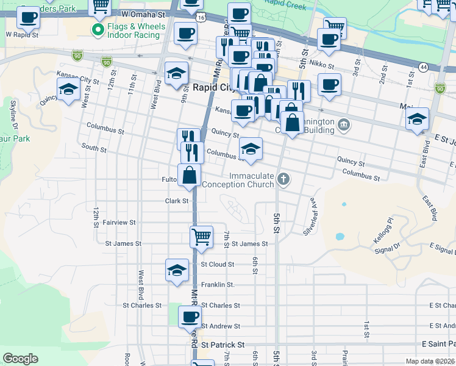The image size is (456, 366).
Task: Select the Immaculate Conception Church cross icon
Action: [x=282, y=179]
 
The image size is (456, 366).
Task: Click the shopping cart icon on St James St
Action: [x=201, y=236]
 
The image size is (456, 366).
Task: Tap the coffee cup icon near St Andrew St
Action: [x=190, y=317]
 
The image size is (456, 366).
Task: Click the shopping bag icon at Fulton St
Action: [x=190, y=175]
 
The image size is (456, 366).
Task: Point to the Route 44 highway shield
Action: [x=423, y=66]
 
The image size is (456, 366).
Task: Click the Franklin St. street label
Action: [x=218, y=285]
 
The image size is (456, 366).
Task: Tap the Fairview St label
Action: [x=119, y=223]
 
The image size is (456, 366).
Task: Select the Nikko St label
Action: [x=322, y=65]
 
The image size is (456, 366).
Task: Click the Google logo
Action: [x=20, y=359]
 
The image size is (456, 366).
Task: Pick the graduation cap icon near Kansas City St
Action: [x=68, y=90]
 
